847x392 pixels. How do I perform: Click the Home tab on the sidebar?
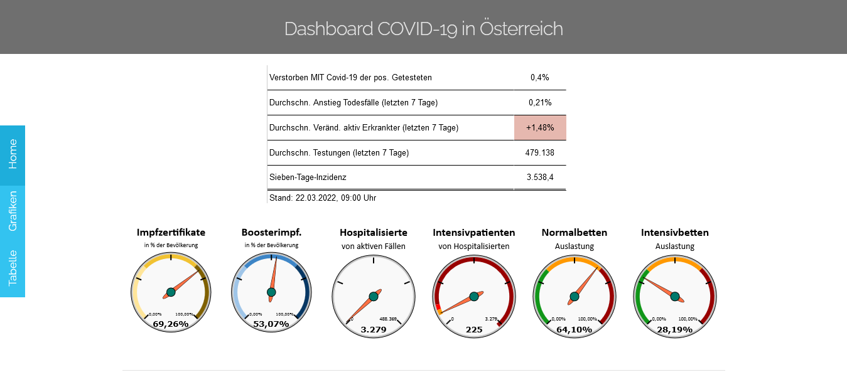[13, 154]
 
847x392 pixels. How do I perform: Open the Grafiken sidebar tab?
[13, 211]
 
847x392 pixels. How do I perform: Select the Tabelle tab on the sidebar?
[13, 268]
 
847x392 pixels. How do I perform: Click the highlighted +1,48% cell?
[540, 127]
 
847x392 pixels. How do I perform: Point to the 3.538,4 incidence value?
[540, 177]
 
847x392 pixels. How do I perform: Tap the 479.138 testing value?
[540, 152]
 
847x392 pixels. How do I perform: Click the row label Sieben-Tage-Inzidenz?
[308, 177]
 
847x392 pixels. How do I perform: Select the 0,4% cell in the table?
[540, 77]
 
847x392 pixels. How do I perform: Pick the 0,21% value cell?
[540, 102]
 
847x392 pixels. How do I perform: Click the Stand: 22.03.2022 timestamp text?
[323, 198]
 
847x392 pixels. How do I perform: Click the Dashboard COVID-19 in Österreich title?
[423, 29]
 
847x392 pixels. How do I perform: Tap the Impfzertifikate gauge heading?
[171, 233]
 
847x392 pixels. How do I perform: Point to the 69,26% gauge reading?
[171, 324]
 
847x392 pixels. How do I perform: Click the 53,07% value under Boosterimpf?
[271, 324]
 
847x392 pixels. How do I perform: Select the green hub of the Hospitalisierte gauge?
[374, 296]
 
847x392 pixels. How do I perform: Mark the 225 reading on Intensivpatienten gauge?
[474, 329]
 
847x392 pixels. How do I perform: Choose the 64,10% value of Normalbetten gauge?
[574, 329]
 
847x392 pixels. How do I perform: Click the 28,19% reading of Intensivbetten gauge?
[674, 329]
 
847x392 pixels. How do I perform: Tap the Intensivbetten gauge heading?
[675, 233]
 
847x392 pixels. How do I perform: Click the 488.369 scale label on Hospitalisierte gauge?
[388, 319]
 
